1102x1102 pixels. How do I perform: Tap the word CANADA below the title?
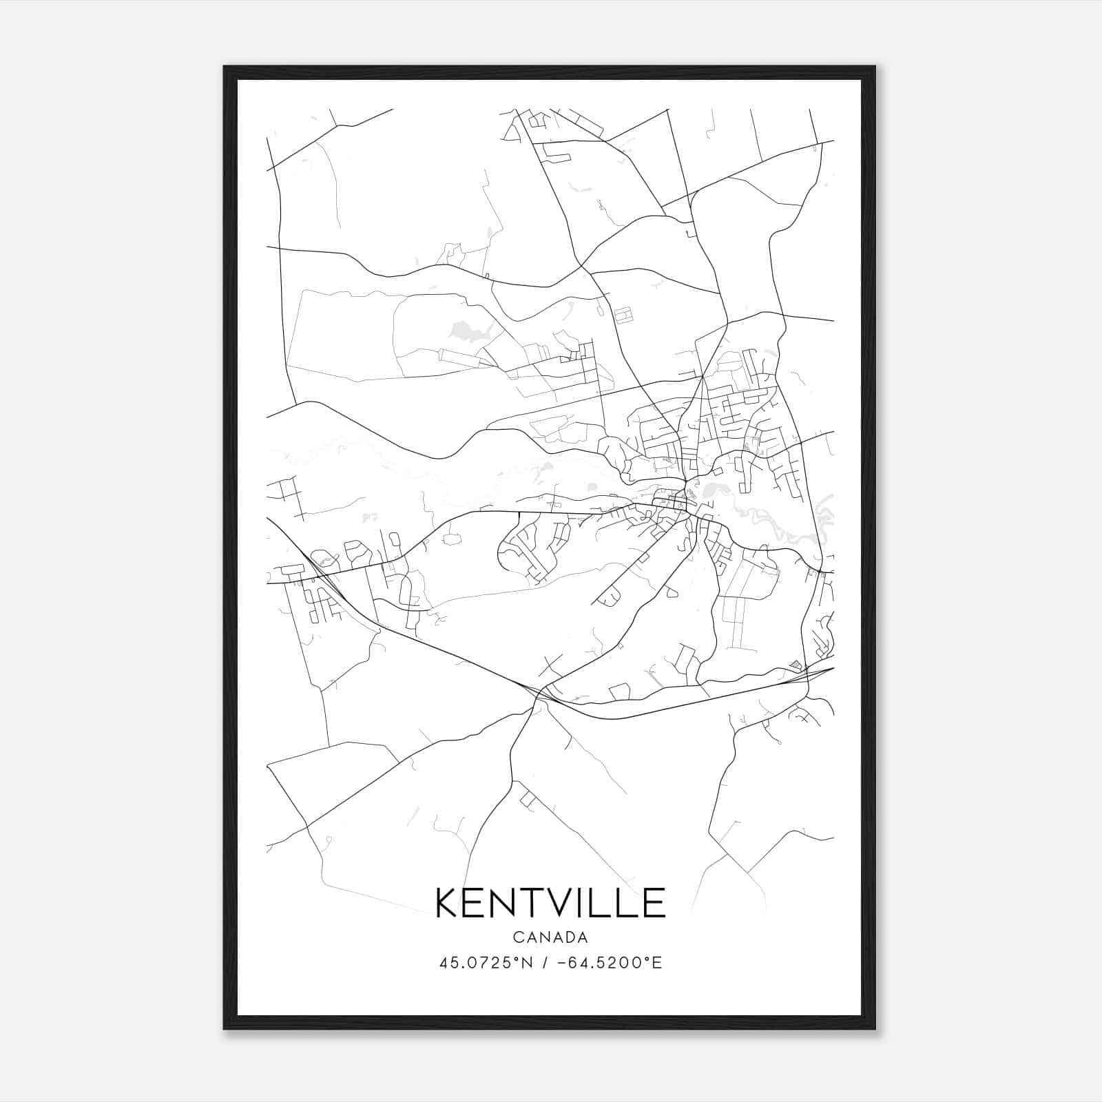550,937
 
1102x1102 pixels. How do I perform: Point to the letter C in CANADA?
517,937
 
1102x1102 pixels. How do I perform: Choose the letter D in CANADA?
569,937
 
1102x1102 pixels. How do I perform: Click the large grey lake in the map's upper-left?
468,333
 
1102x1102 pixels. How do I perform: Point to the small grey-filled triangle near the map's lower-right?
796,664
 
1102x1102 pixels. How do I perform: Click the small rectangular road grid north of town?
623,315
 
